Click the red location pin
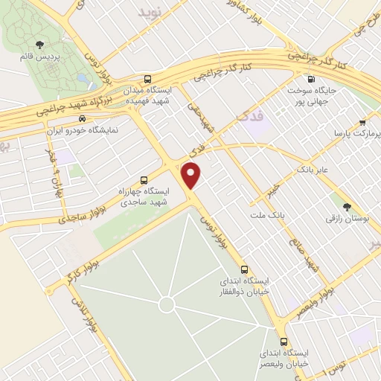pos(192,176)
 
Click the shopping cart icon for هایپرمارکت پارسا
pos(362,122)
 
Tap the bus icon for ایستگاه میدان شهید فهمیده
pos(147,78)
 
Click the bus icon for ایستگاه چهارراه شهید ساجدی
pos(144,179)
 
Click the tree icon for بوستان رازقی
pos(347,206)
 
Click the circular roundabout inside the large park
pos(167,304)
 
